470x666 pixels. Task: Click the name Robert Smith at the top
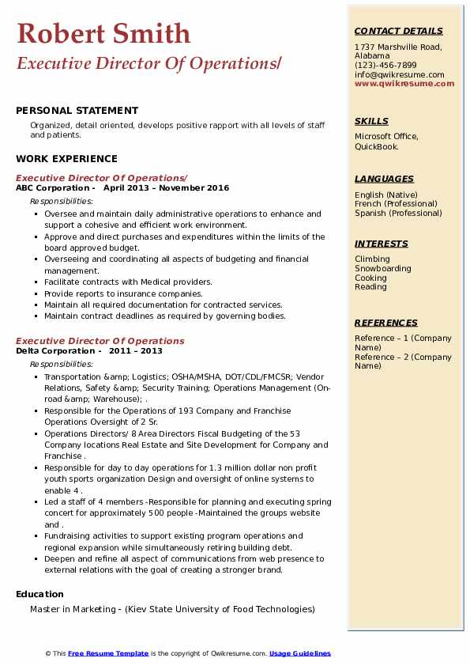(x=103, y=33)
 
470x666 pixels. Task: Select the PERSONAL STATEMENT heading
(x=77, y=111)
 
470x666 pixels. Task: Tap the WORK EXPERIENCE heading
(x=66, y=158)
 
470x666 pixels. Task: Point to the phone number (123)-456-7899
(x=385, y=66)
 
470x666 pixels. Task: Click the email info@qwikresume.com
(x=399, y=74)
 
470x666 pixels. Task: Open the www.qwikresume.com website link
(x=399, y=83)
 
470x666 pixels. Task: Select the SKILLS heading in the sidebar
(x=371, y=121)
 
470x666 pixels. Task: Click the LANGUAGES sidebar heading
(x=384, y=179)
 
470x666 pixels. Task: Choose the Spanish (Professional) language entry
(x=398, y=213)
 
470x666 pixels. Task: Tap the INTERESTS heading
(x=382, y=244)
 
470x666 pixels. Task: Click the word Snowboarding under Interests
(x=383, y=268)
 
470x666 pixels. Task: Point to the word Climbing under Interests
(x=372, y=259)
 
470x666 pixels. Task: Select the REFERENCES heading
(x=386, y=323)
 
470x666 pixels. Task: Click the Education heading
(x=39, y=594)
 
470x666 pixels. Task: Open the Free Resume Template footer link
(x=107, y=653)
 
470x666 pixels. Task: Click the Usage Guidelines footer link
(x=299, y=653)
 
